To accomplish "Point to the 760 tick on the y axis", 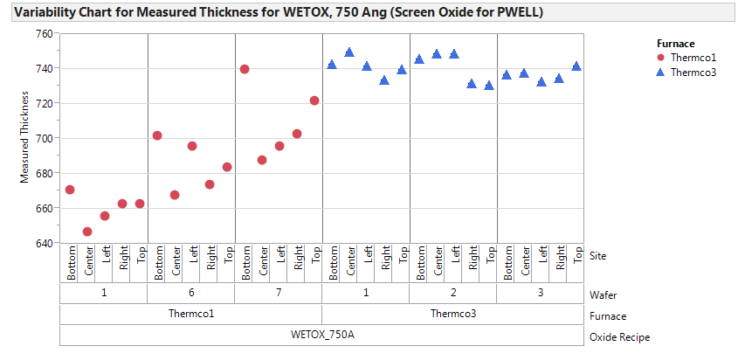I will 43,33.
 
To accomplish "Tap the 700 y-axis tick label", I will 43,138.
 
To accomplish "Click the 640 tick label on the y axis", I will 43,243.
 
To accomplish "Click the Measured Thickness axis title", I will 25,138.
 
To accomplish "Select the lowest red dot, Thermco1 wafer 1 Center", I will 87,232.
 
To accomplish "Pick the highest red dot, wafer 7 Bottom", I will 245,69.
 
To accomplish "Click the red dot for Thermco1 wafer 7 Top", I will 314,100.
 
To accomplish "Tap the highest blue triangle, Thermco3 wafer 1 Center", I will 349,52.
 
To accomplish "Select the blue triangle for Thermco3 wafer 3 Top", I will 576,66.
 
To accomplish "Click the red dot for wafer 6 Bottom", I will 157,135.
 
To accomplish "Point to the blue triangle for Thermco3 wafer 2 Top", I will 489,86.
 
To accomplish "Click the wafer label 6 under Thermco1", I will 191,294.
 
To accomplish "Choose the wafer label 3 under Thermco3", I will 541,294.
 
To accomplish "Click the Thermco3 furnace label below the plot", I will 453,315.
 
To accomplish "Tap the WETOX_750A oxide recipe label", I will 321,336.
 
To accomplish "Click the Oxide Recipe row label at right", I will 620,337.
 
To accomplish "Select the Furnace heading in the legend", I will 675,41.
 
